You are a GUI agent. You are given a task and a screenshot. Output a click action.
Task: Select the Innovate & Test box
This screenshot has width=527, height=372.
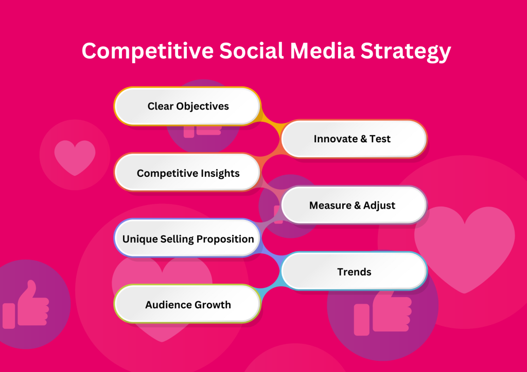coord(354,139)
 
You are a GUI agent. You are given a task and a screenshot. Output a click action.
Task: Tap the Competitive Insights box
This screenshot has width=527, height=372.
coord(187,173)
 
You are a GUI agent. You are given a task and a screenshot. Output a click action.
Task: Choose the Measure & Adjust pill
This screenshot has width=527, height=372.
coord(354,205)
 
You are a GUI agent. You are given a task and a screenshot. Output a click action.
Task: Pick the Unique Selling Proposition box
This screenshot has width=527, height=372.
coord(187,239)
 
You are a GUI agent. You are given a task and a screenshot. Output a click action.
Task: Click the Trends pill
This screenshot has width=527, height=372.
coord(354,272)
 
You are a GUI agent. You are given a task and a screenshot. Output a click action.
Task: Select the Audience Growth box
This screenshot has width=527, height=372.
coord(187,305)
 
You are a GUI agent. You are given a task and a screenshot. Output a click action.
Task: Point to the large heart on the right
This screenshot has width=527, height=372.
coord(464,247)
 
